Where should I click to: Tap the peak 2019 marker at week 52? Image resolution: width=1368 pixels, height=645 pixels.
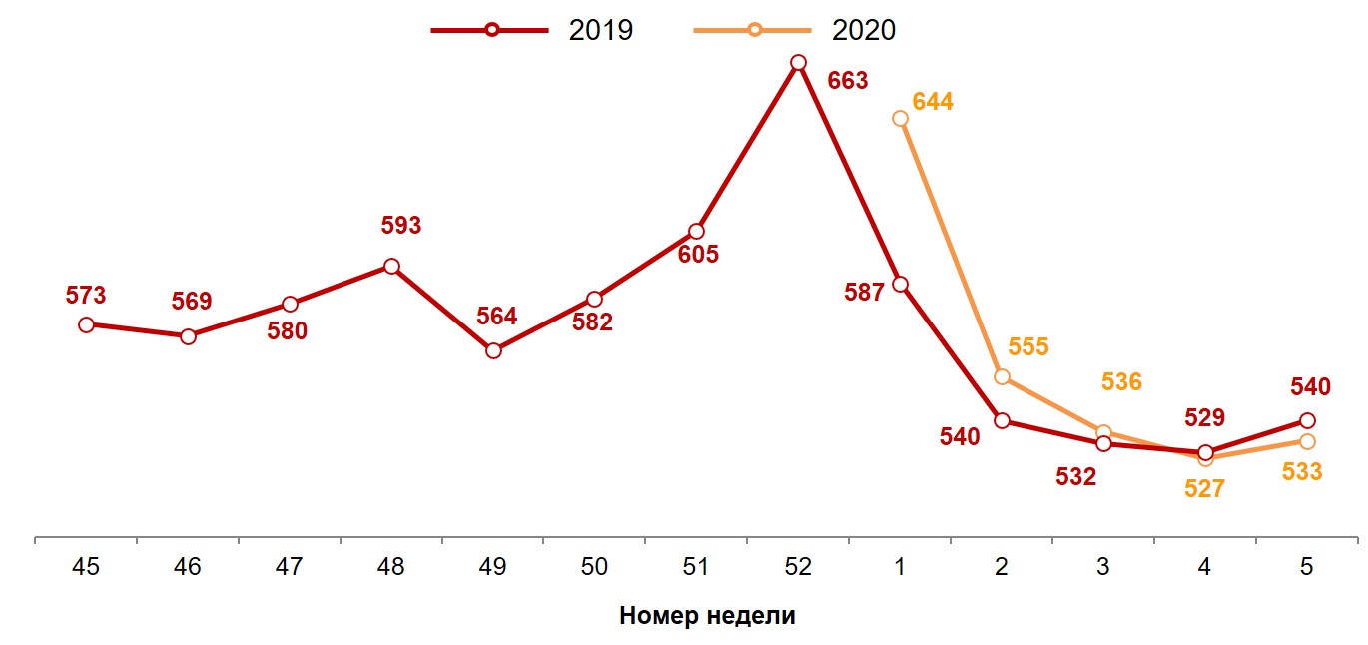coord(798,63)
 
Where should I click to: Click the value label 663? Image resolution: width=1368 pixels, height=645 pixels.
coord(848,81)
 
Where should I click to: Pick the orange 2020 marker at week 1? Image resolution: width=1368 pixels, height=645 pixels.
coord(900,118)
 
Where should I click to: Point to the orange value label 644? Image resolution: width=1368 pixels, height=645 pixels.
coord(934,101)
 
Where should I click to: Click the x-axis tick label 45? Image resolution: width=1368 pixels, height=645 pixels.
coord(86,567)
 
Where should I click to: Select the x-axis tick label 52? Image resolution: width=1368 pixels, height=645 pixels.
coord(798,567)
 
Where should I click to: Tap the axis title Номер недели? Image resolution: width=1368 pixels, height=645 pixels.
coord(707,615)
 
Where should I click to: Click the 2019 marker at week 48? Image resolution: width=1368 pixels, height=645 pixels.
coord(391,266)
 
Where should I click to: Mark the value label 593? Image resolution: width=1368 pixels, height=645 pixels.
coord(401,226)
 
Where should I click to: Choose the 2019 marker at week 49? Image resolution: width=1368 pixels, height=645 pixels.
coord(493,350)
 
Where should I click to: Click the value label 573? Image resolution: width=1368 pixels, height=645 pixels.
coord(86,296)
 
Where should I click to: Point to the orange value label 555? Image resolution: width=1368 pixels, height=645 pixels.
coord(1028,347)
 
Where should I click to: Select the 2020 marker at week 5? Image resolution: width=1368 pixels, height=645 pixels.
coord(1307,441)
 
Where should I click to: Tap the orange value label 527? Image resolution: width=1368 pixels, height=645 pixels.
coord(1204,489)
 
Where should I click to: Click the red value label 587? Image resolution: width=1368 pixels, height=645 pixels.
coord(864,293)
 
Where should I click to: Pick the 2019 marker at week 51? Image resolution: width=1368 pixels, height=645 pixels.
coord(696,232)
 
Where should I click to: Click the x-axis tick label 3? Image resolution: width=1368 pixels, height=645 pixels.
coord(1102,567)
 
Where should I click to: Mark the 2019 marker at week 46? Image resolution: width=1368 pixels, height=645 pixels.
coord(188,336)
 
